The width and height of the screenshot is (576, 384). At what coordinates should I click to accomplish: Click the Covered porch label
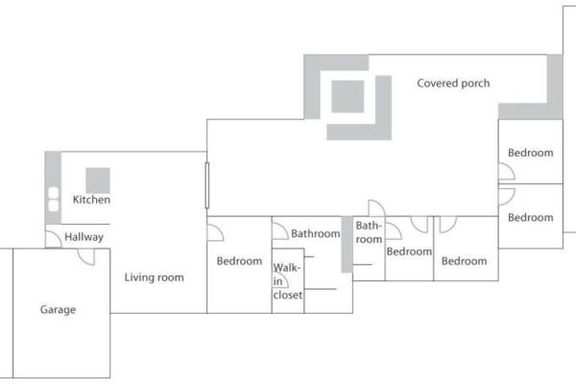pos(453,84)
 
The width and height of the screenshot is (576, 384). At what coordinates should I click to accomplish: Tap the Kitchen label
pos(91,200)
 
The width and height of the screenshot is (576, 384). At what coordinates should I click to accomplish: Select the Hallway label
pos(84,237)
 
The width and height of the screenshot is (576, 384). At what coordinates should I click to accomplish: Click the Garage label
pos(58,310)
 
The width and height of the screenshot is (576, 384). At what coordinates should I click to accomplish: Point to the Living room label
pos(154,277)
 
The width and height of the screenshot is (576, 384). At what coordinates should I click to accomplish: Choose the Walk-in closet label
pos(288,281)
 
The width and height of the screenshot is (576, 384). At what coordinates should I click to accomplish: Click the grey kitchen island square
pos(98,180)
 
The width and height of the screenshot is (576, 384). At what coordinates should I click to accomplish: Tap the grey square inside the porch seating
pos(348,97)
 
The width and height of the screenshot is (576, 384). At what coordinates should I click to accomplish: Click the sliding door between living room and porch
pos(207,185)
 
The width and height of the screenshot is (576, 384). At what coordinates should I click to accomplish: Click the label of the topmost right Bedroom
pos(531,153)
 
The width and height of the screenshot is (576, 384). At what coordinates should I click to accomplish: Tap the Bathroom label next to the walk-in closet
pos(316,233)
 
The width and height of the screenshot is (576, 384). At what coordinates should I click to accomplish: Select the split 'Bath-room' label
pos(369,232)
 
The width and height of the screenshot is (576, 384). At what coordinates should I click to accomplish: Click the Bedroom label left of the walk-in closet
pos(239,261)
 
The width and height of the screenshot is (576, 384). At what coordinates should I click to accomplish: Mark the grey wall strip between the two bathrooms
pos(347,245)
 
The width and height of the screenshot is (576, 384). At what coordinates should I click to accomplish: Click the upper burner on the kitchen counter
pos(54,193)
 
